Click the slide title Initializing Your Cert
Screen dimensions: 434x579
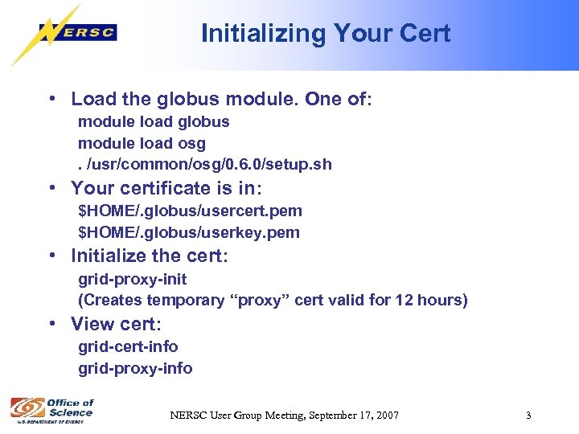coord(325,33)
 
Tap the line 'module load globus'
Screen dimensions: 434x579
coord(154,122)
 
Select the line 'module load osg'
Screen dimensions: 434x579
coord(142,143)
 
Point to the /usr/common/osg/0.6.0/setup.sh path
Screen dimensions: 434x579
coord(209,165)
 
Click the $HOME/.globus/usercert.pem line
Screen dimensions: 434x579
coord(190,211)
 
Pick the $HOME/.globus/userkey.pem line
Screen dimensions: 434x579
coord(188,232)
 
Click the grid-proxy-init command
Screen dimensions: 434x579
coord(132,279)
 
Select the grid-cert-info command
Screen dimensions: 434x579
coord(128,346)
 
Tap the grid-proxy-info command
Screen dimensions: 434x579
coord(135,368)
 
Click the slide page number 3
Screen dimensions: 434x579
coord(528,416)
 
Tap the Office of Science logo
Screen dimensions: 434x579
coord(51,410)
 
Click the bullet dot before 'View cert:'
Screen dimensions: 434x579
coord(51,324)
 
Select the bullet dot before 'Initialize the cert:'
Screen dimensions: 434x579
coord(51,256)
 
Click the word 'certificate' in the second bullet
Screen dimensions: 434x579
coord(168,188)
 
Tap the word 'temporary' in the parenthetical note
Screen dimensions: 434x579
coord(187,301)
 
